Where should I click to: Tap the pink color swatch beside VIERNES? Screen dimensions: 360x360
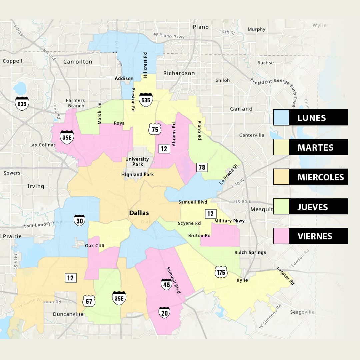[281, 236]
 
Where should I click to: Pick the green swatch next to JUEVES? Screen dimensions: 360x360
[281, 206]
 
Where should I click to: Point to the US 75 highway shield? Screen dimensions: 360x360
[155, 129]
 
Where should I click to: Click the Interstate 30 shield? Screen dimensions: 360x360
[79, 220]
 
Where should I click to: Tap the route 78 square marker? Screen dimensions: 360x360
[202, 167]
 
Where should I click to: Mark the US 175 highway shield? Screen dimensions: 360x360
[221, 272]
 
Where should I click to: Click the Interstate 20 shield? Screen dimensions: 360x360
[164, 312]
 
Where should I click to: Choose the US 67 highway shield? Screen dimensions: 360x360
[89, 300]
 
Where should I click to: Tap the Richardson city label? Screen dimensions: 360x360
[179, 73]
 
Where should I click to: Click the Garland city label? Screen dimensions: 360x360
[241, 109]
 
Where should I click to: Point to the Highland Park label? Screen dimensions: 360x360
[137, 174]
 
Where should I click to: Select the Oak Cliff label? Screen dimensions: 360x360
[95, 246]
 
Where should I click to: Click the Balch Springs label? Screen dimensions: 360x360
[250, 252]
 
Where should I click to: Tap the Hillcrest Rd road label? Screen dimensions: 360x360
[145, 65]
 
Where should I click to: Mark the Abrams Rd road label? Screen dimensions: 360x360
[174, 134]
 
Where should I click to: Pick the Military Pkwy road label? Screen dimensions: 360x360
[229, 221]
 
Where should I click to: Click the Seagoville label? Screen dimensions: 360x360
[302, 312]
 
